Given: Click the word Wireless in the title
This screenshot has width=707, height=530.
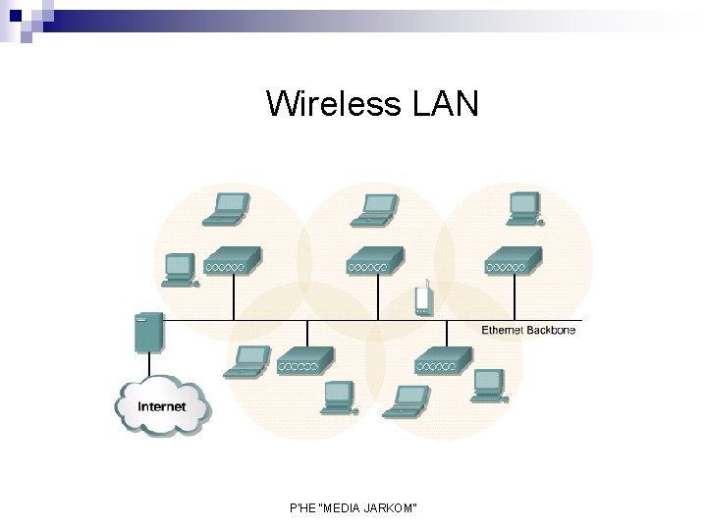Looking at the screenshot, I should [329, 103].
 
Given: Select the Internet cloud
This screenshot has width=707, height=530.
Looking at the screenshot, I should [162, 404].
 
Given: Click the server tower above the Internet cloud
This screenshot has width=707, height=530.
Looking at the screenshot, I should [148, 331].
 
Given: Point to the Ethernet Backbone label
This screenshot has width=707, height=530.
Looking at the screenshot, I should [528, 331].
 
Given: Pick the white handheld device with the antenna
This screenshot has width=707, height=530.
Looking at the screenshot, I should [423, 299].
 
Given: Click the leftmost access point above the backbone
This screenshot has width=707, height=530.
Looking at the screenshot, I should [232, 261].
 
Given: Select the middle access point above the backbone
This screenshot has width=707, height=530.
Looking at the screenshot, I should [374, 261].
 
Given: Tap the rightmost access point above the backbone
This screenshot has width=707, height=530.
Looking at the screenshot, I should [512, 261].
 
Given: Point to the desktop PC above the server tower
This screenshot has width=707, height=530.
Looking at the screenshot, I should [179, 268].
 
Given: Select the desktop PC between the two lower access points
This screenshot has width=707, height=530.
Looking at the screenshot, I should [341, 396].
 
